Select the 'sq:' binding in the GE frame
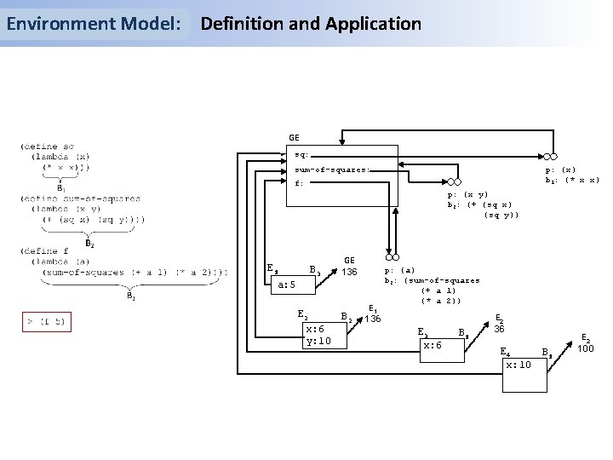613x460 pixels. pos(301,155)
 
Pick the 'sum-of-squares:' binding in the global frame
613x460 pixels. pos(332,169)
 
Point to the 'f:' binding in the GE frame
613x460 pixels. pos(299,182)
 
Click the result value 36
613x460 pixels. pos(501,328)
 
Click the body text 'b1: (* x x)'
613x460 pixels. pos(571,180)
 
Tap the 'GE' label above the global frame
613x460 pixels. pos(293,136)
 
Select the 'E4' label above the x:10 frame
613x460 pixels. pos(505,350)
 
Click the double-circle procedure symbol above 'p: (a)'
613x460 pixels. pos(392,257)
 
